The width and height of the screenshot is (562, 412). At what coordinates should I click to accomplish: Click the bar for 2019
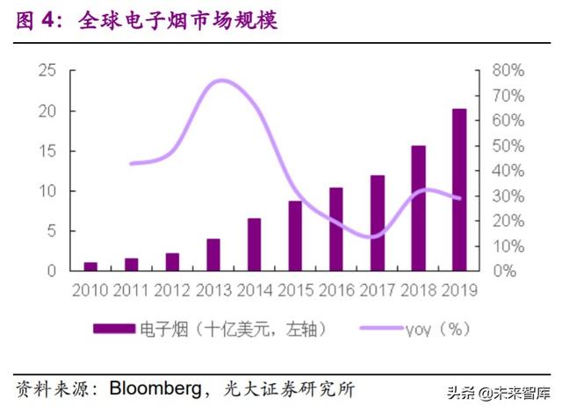tap(459, 189)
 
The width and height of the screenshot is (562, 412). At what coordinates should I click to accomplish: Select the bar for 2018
tap(418, 208)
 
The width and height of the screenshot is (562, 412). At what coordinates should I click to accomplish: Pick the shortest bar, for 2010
tap(90, 266)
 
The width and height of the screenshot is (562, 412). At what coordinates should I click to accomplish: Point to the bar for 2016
tap(336, 229)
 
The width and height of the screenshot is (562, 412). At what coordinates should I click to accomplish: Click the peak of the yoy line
tap(220, 81)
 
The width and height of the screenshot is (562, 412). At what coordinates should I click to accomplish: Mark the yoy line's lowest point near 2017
tap(372, 236)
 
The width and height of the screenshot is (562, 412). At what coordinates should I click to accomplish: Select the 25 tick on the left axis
tap(49, 71)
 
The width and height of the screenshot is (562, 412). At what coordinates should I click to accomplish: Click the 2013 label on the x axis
tap(213, 289)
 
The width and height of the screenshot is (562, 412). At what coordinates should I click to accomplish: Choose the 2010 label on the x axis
tap(90, 289)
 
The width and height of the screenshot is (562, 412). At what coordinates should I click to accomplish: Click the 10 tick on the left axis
tap(49, 191)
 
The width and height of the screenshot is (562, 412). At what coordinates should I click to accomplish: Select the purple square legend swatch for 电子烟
tap(114, 329)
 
